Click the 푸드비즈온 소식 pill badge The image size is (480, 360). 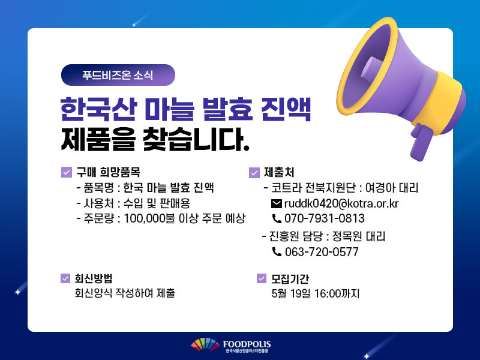click(118, 75)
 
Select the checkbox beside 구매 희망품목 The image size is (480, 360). click(67, 172)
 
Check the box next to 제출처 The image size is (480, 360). click(254, 173)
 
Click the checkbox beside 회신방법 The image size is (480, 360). click(65, 278)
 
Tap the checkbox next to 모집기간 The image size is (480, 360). click(262, 278)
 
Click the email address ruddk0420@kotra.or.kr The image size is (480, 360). click(341, 203)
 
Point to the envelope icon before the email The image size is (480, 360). click(277, 203)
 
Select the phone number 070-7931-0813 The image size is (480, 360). click(325, 218)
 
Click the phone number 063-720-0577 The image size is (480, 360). click(322, 252)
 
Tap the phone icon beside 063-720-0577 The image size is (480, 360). click(277, 251)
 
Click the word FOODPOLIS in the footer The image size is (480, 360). click(247, 344)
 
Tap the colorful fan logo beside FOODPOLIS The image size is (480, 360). click(205, 344)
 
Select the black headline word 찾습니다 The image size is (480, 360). click(196, 140)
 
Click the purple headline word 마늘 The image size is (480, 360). click(170, 109)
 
